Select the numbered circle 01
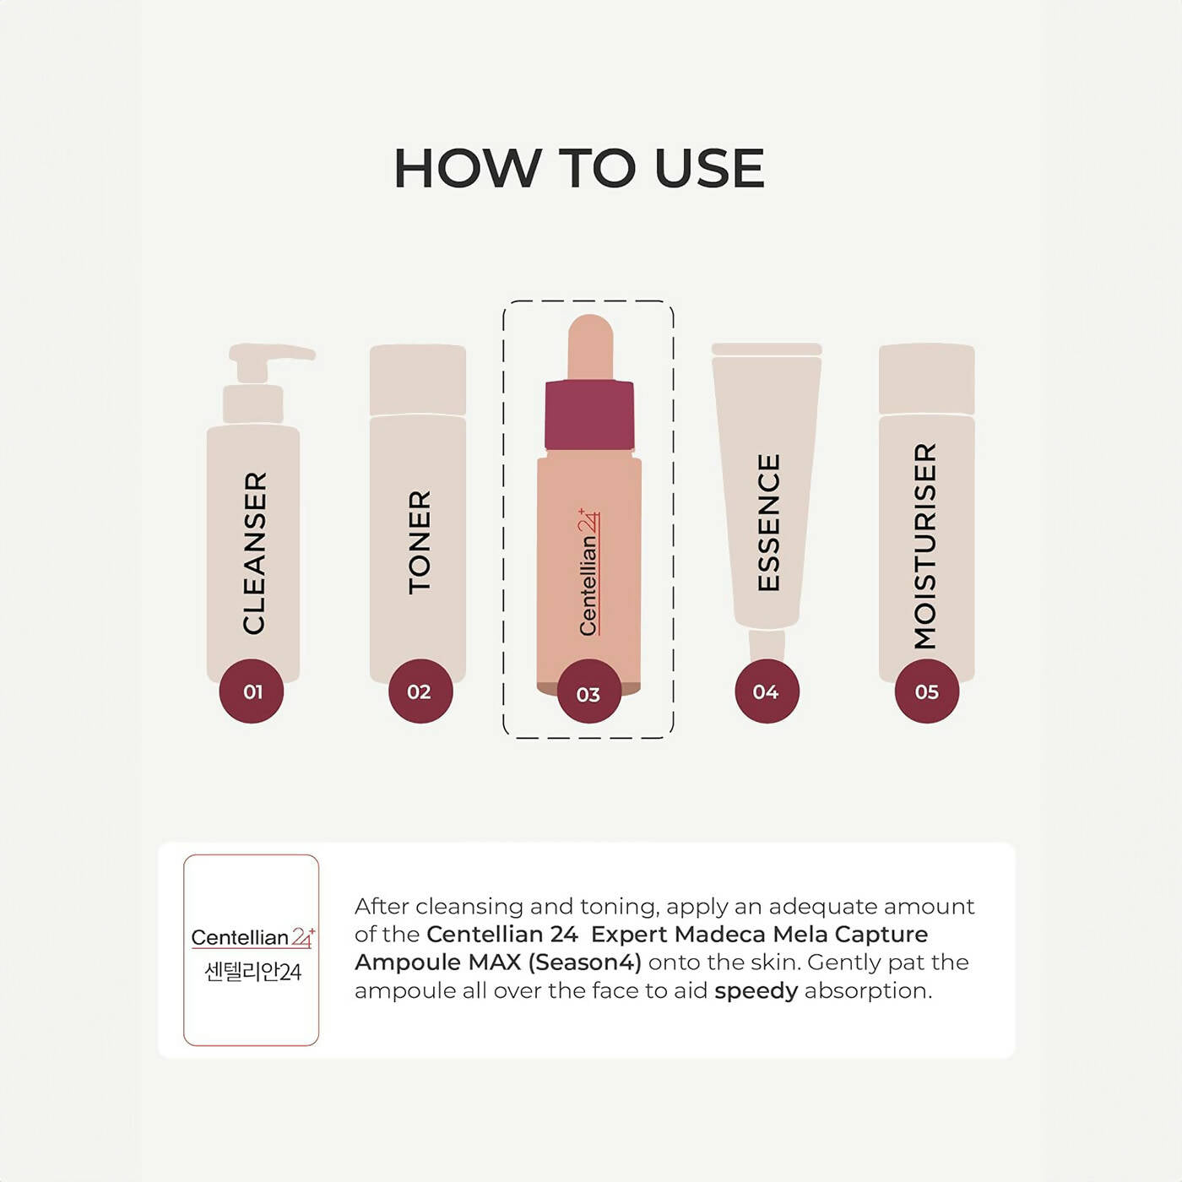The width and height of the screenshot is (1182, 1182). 252,691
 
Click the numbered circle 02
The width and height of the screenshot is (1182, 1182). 420,691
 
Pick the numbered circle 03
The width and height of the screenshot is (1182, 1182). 588,693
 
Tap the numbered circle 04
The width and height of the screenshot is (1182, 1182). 767,691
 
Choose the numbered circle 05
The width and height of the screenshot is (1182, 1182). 927,691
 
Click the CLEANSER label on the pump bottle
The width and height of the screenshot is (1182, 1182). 255,553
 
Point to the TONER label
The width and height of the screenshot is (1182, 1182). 420,542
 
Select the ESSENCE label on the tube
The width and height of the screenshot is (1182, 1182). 768,522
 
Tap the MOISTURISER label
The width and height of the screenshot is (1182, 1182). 925,546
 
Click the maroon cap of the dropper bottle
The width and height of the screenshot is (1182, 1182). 588,415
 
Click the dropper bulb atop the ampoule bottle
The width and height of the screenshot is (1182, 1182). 590,346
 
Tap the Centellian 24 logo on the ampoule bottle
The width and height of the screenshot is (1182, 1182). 588,571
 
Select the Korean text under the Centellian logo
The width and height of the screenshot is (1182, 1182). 252,972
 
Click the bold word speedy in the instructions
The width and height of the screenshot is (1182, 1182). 756,991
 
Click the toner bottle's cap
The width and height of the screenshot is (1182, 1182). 418,380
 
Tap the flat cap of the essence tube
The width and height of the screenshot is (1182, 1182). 767,349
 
